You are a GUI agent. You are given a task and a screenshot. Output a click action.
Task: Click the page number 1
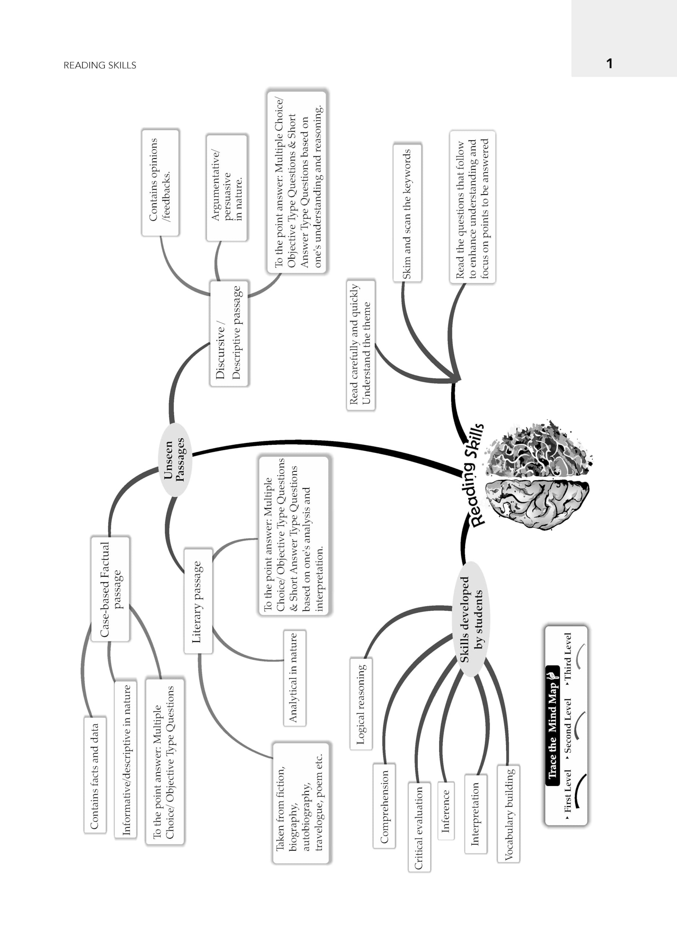609,63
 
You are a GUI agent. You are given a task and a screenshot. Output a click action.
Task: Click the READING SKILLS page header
100,65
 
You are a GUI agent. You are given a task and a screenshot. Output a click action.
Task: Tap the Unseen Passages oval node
175,459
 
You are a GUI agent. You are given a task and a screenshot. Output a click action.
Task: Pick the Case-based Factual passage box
110,589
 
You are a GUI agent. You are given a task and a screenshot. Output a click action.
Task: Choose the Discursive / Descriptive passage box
229,333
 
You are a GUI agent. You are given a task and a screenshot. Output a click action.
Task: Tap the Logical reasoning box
361,704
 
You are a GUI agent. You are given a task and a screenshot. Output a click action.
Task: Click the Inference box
446,811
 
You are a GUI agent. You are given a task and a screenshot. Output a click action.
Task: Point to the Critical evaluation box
419,827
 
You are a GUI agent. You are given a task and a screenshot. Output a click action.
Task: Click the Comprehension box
384,806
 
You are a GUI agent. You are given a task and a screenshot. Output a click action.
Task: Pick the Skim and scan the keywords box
407,213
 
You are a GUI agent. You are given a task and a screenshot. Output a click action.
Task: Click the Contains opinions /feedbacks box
160,183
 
